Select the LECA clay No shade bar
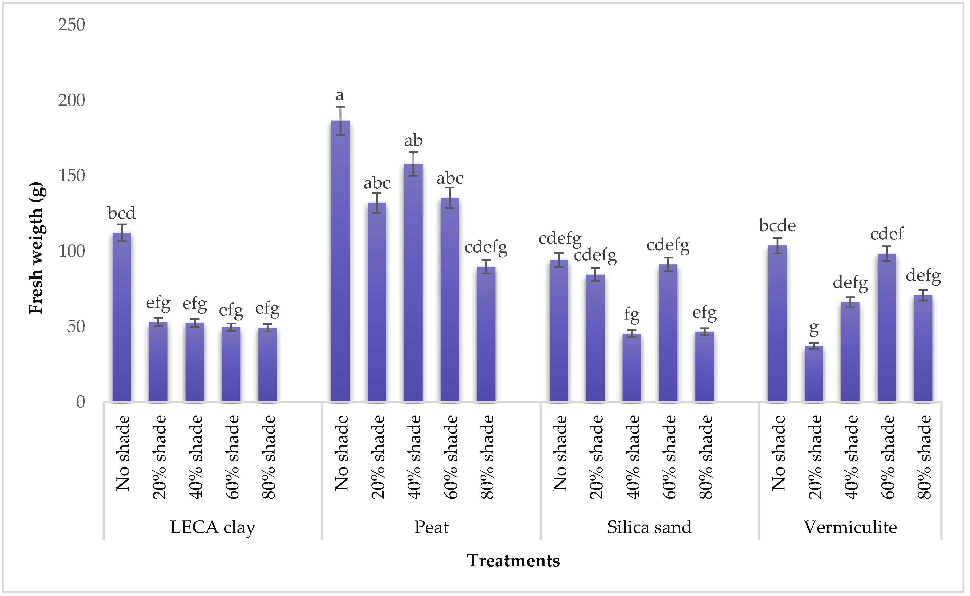122,317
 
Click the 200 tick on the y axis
72,101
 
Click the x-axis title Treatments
513,561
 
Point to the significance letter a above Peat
339,95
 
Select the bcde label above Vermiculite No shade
777,226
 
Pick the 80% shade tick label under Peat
487,457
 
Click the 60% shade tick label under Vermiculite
888,457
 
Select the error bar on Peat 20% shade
377,203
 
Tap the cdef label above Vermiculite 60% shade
886,234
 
